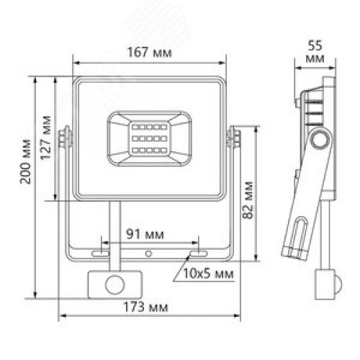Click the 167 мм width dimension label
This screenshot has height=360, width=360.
(148, 51)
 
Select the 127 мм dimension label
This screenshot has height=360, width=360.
(48, 138)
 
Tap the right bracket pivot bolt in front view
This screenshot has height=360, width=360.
(233, 137)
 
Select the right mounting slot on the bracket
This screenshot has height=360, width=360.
(196, 253)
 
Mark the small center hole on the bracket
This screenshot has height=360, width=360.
(148, 253)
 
